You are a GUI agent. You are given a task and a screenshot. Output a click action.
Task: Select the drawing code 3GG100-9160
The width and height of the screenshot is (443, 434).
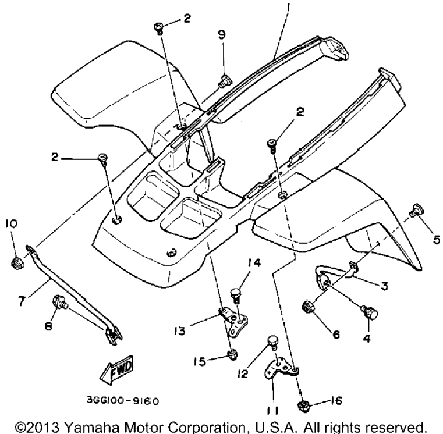click(123, 401)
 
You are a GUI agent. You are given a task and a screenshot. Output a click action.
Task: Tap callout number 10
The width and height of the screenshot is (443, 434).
click(10, 223)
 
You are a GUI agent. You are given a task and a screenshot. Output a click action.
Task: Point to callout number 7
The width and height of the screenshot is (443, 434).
click(22, 300)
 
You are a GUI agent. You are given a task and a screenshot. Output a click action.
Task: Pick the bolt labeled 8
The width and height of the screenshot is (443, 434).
click(60, 301)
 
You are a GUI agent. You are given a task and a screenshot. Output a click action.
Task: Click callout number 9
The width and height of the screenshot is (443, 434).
click(222, 35)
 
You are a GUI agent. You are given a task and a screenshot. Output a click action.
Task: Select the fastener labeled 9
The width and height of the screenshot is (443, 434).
click(225, 81)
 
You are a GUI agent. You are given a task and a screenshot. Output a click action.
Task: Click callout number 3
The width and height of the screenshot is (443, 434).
click(384, 286)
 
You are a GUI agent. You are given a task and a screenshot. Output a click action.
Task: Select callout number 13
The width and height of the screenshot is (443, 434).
click(180, 330)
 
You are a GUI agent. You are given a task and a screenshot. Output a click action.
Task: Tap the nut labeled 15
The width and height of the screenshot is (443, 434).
click(232, 355)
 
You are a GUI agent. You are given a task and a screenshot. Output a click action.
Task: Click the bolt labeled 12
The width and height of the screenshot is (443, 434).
click(273, 343)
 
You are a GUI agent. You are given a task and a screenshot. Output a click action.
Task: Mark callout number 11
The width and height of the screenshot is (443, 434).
click(272, 411)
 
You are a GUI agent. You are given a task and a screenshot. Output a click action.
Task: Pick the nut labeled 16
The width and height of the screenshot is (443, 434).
click(304, 407)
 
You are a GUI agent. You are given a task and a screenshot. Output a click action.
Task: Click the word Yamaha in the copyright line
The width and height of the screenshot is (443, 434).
click(91, 427)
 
